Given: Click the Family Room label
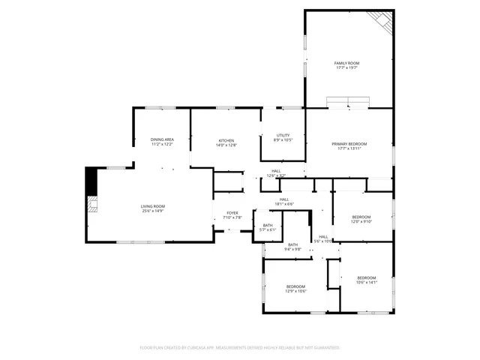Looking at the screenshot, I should [346, 63].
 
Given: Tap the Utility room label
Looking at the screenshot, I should [283, 135].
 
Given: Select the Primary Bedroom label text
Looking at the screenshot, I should [349, 143].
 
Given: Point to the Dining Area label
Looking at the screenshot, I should [162, 139].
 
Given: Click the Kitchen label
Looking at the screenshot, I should [226, 140].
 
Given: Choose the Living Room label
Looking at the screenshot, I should [153, 206].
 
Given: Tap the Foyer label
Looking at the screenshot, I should [232, 213].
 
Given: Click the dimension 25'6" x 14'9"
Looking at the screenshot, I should [153, 211].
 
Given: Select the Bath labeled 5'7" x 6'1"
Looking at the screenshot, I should [268, 226].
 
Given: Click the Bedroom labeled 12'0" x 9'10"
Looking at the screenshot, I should [361, 217].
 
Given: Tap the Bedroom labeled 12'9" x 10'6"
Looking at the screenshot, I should [295, 286].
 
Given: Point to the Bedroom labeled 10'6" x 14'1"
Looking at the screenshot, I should [366, 278].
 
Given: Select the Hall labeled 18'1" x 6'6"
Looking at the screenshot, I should [284, 199].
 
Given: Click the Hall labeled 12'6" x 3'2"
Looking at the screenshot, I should [276, 171].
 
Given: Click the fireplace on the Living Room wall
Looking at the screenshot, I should [91, 205].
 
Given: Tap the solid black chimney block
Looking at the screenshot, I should [91, 181].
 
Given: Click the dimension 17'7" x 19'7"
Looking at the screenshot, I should [346, 67].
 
